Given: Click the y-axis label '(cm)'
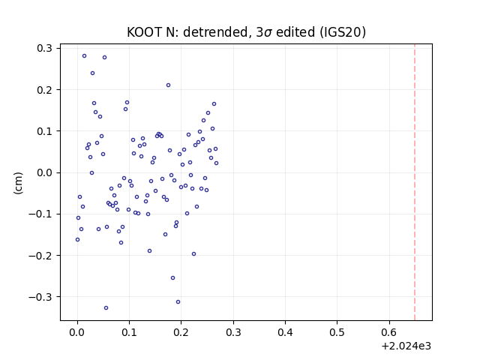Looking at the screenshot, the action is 18,183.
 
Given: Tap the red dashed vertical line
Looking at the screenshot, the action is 415,182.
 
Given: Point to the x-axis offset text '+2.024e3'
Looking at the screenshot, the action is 406,346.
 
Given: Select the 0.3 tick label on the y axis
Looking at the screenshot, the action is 45,48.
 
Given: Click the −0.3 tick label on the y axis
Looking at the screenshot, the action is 40,297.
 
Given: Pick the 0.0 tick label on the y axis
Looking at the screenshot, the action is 45,172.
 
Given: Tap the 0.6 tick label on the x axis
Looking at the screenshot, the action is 389,332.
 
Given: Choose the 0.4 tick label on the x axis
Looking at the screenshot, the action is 285,332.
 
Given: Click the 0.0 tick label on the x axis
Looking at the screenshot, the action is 77,332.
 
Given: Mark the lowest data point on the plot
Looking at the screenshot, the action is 106,308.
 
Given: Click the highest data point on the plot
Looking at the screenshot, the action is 84,56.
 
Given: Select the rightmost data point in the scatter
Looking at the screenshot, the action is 217,163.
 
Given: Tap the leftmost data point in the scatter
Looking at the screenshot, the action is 77,240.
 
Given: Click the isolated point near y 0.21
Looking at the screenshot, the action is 168,85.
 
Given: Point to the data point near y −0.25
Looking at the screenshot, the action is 172,278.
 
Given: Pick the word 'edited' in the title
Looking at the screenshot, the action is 295,32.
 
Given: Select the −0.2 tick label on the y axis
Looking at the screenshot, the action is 40,255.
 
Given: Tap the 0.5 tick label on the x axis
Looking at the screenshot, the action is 337,332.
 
